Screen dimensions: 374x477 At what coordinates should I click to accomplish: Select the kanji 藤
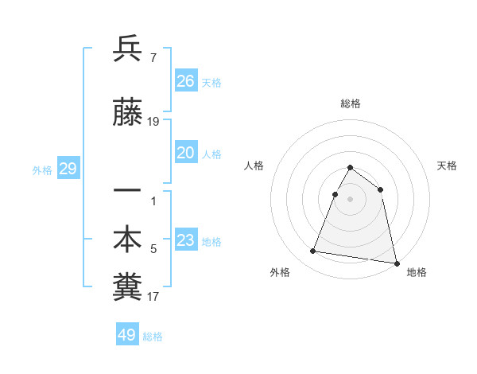point(127,115)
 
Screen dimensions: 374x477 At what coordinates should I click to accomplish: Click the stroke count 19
point(154,122)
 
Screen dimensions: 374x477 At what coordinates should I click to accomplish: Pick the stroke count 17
point(153,297)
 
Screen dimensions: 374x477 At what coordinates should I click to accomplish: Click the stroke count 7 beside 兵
point(153,57)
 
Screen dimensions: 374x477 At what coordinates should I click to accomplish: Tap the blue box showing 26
point(186,80)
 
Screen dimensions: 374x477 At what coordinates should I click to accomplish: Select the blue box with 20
point(186,153)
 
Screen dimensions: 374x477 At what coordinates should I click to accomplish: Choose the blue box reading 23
point(186,240)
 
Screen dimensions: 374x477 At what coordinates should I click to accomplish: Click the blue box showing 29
point(68,169)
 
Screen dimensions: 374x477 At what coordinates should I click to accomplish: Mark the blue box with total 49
point(127,334)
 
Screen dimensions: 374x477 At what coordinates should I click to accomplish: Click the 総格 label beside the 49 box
point(153,337)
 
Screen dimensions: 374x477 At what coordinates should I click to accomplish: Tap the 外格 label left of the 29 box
point(42,170)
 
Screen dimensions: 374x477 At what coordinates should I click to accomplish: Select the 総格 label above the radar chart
point(351,103)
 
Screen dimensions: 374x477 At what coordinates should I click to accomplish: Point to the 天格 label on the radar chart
point(447,166)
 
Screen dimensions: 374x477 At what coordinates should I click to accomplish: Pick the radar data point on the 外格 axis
point(313,251)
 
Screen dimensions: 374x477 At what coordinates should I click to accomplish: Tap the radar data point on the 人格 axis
point(335,194)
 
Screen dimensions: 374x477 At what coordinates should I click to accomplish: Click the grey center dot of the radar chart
point(351,199)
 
